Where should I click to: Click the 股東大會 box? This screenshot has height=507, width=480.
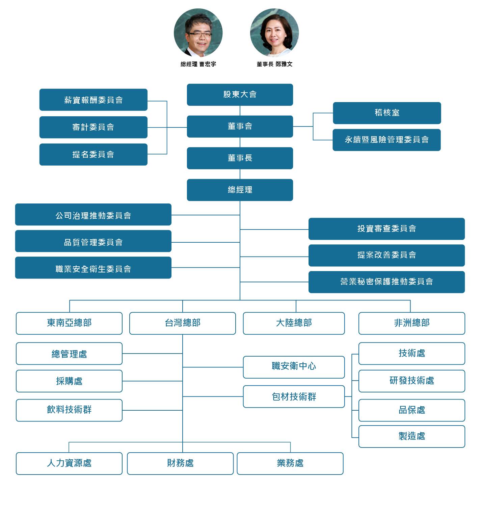(x=240, y=95)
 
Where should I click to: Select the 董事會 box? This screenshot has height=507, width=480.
(x=240, y=126)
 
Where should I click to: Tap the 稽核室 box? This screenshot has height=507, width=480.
(x=387, y=113)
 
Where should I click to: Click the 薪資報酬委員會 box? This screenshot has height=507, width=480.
(x=93, y=100)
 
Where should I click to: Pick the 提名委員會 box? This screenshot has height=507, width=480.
(x=93, y=154)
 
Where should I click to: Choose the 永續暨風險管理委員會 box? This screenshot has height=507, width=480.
(x=386, y=140)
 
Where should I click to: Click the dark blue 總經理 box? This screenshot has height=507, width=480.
(x=240, y=190)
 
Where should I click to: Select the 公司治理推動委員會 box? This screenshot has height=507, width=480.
(x=93, y=215)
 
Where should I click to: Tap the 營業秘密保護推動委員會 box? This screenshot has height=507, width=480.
(x=386, y=282)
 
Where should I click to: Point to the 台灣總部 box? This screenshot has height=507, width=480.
(x=182, y=323)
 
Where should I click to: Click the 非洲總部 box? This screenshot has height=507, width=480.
(x=411, y=323)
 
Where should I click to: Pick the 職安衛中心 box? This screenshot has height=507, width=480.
(x=294, y=367)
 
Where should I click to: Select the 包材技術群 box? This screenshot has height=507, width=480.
(x=294, y=396)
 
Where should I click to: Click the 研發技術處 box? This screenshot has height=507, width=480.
(x=411, y=381)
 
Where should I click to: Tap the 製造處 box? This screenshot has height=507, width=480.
(x=411, y=436)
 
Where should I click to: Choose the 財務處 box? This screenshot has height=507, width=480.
(x=180, y=463)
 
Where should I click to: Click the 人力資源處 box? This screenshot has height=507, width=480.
(x=69, y=463)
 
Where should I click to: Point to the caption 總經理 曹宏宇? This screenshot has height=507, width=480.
(x=198, y=64)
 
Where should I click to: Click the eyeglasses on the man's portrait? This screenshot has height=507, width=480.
(x=200, y=34)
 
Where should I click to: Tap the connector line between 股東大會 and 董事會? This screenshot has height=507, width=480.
(x=240, y=111)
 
